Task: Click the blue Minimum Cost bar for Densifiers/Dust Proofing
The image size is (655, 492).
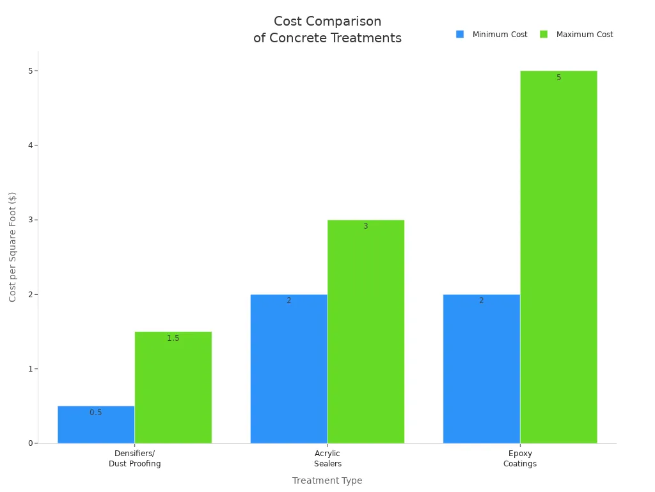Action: tap(96, 425)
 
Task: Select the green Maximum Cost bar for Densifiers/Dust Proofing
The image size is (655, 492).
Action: tap(173, 388)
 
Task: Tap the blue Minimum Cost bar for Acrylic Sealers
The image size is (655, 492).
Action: tap(288, 369)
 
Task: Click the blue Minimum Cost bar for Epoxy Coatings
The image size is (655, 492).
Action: tap(481, 369)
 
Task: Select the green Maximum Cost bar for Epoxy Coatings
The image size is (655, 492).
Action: tap(558, 257)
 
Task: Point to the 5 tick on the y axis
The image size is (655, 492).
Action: tap(29, 70)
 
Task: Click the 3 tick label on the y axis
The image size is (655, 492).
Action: tap(29, 220)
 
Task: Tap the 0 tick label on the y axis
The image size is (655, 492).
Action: tap(29, 443)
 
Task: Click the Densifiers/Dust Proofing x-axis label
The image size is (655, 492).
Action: tap(134, 459)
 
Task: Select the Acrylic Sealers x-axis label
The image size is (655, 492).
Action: tap(327, 459)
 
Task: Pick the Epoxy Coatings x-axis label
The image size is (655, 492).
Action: tap(519, 459)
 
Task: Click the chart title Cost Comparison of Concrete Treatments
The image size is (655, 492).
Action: tap(327, 29)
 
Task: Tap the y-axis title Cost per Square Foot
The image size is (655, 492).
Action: tap(13, 247)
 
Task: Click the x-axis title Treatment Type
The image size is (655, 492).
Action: tap(327, 480)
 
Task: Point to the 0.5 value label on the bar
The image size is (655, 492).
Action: tap(95, 413)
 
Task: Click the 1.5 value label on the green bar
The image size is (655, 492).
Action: tap(173, 338)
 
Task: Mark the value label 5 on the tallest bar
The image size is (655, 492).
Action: tap(558, 78)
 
